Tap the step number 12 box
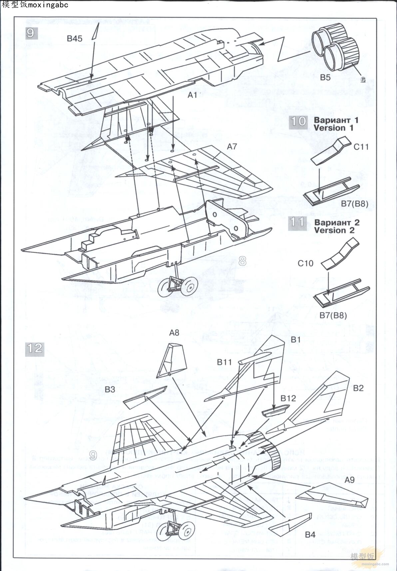tap(34, 348)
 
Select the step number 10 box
tap(298, 121)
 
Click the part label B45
tap(74, 38)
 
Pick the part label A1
tap(192, 95)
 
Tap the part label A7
tap(232, 146)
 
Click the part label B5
tap(325, 77)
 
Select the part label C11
tap(361, 147)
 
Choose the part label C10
tap(305, 263)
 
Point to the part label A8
tap(174, 332)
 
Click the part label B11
tap(224, 362)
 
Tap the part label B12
tap(288, 398)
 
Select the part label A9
tap(349, 480)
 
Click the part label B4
tap(310, 535)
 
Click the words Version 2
tap(334, 230)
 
